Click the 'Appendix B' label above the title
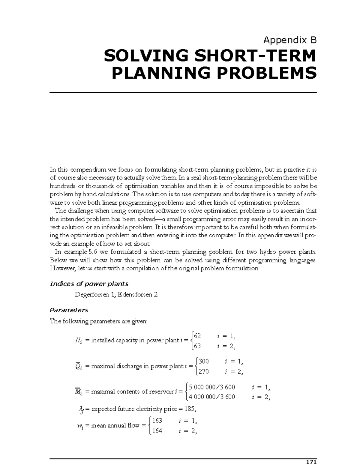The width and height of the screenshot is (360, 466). click(289, 40)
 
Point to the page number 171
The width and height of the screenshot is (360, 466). click(312, 462)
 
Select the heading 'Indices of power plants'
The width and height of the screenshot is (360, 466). click(89, 284)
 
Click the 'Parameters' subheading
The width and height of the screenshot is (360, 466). click(69, 310)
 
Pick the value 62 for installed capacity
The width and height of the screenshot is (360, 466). click(197, 335)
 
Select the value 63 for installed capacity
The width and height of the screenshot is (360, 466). click(197, 346)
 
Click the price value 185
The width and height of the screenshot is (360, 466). click(190, 409)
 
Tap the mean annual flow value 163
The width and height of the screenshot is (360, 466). click(157, 421)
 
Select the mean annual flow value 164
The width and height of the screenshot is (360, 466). click(157, 431)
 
